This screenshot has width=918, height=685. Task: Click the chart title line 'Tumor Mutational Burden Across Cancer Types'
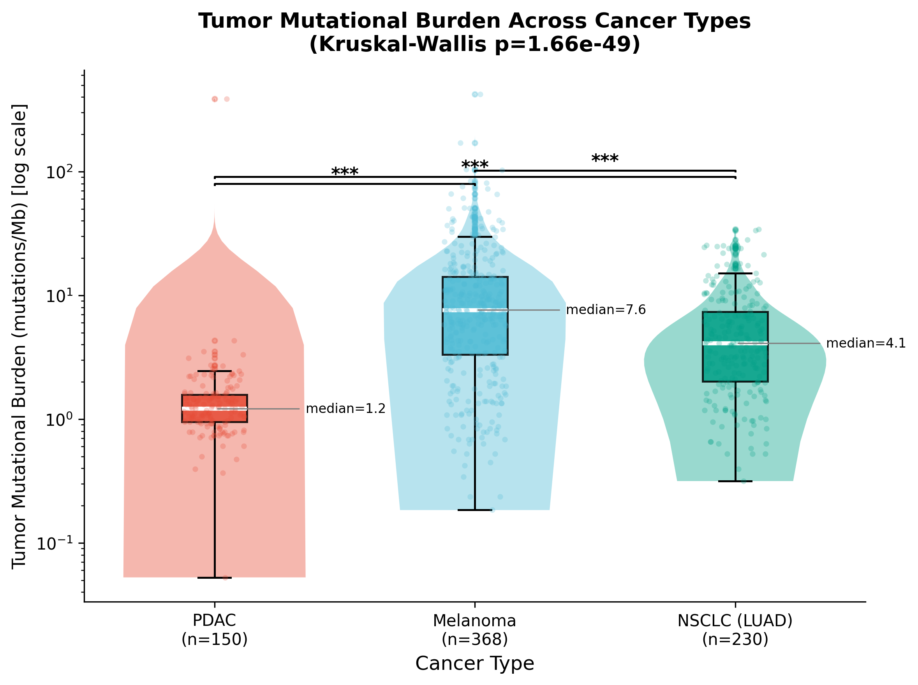click(474, 21)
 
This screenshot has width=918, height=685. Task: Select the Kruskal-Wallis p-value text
click(474, 44)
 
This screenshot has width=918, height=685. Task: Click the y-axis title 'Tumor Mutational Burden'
click(19, 336)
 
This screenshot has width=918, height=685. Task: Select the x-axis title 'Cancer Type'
click(474, 663)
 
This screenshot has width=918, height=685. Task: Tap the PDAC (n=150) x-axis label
click(215, 629)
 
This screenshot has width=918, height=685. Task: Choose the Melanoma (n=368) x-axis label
click(474, 629)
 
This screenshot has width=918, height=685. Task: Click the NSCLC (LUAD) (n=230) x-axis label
click(735, 629)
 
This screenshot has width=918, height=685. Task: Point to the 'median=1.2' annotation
click(345, 409)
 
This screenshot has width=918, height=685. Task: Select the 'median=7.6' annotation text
click(606, 310)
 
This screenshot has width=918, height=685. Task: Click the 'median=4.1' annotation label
click(866, 343)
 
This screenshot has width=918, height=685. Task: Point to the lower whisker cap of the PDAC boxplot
click(215, 578)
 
